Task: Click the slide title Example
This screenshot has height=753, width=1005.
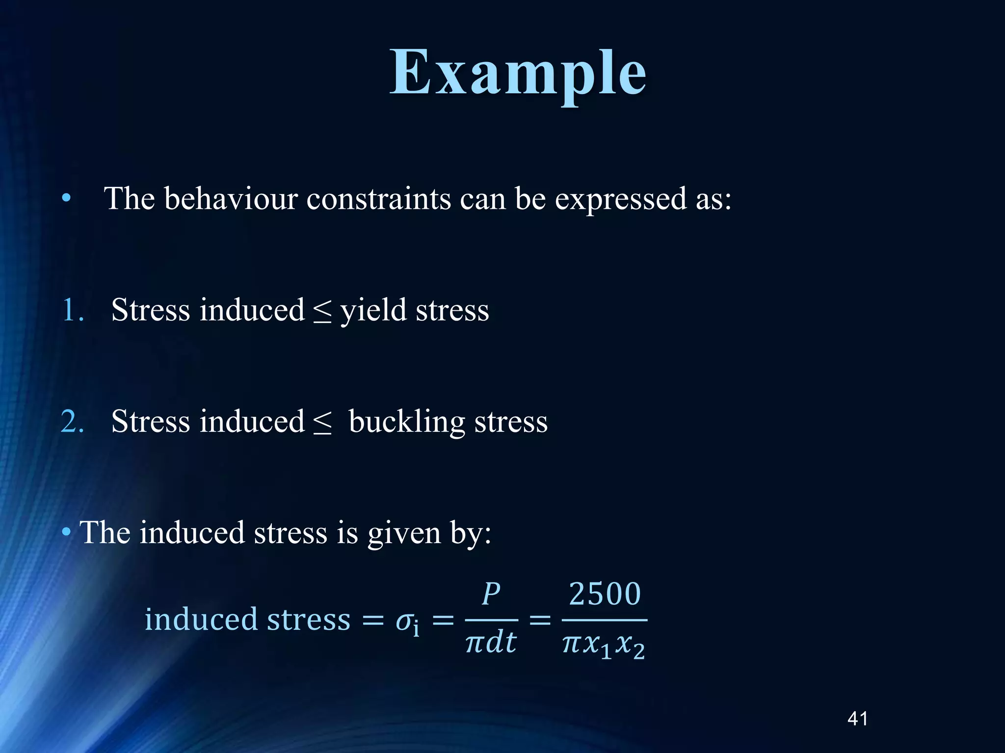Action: [518, 74]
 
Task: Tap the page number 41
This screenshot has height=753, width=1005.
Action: [857, 719]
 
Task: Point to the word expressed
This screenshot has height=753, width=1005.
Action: [620, 200]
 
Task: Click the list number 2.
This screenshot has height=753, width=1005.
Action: [72, 422]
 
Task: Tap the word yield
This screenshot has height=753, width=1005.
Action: [373, 310]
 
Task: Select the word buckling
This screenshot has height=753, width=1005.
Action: [406, 422]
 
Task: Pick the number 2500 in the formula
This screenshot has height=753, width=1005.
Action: [605, 594]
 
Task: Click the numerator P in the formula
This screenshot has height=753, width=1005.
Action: [491, 594]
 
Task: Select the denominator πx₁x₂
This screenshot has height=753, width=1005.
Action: [604, 644]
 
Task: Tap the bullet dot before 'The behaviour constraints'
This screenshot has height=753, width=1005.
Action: [66, 199]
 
